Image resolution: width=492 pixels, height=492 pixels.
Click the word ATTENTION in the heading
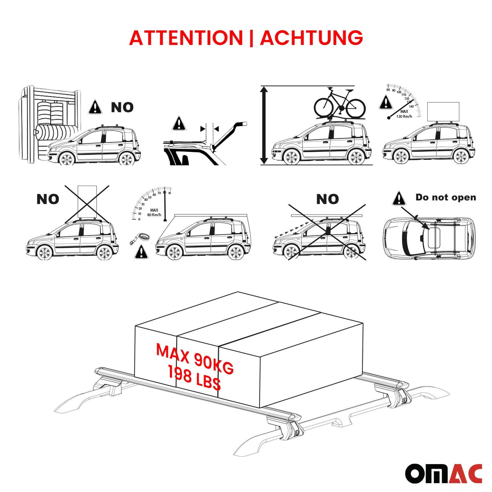186,38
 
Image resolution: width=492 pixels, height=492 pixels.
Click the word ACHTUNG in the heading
311,38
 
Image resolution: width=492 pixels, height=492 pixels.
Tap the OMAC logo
443,473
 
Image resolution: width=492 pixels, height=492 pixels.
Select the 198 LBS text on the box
194,379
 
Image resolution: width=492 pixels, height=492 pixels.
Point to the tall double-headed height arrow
264,125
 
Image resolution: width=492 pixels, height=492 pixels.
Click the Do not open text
445,197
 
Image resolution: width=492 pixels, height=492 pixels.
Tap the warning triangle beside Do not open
399,199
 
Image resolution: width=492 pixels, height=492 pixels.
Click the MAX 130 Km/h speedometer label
404,114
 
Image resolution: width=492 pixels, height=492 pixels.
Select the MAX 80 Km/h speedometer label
154,212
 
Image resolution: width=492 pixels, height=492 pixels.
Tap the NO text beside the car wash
122,108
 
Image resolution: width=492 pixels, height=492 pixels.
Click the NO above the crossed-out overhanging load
327,199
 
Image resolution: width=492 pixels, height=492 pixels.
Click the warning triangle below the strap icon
141,253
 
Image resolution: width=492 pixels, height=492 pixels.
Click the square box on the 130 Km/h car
443,112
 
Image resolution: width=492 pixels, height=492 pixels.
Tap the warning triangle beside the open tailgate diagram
179,124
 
